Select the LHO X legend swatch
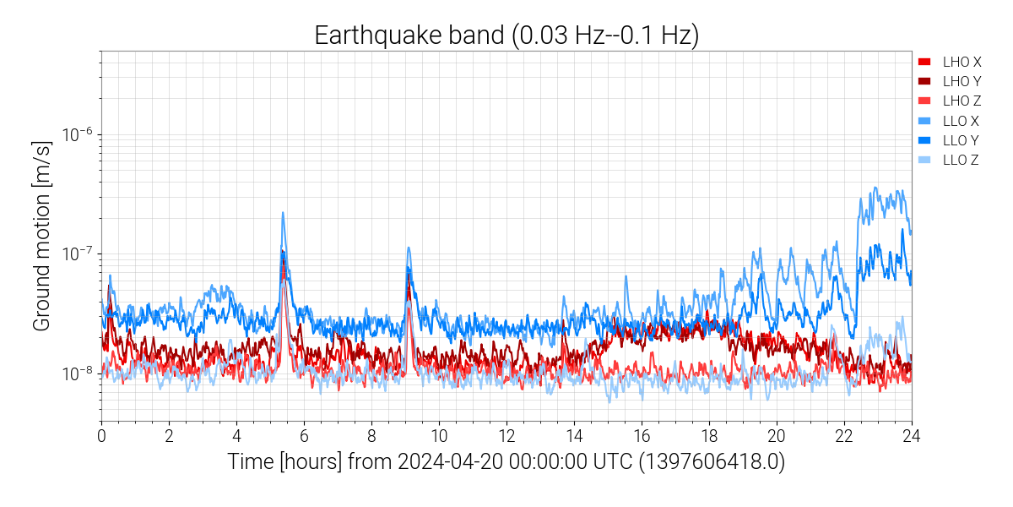coord(924,62)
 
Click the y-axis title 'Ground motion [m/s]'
coord(44,237)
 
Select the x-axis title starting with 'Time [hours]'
coord(506,463)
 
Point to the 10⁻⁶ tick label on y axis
coord(77,134)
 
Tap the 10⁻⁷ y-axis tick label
coord(77,253)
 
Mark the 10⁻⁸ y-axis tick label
coord(77,373)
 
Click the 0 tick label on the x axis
coord(101,436)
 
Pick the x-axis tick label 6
coord(304,436)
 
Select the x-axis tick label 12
coord(506,436)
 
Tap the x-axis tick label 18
coord(709,436)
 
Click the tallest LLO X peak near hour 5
coord(283,213)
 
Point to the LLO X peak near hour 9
coord(409,248)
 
